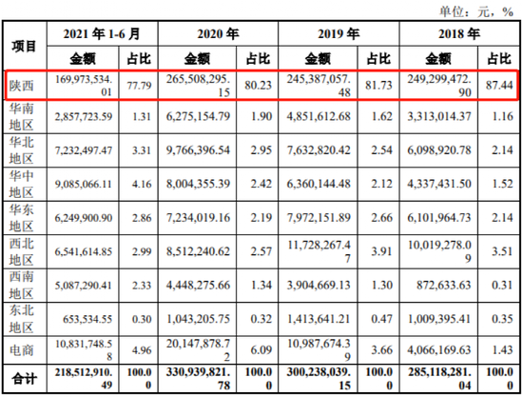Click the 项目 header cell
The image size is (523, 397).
(x=24, y=46)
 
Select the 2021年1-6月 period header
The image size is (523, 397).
(x=102, y=33)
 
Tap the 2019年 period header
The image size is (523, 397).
(x=339, y=33)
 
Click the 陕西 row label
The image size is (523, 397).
(x=21, y=86)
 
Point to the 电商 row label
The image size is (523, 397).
(x=21, y=350)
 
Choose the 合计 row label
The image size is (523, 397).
(x=24, y=379)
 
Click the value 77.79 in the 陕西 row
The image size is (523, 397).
(x=139, y=86)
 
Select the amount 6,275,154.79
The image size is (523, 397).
(x=198, y=116)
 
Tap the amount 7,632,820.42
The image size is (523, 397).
(x=319, y=150)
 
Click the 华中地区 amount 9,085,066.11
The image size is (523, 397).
(x=84, y=184)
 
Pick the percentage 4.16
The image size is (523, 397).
(x=142, y=184)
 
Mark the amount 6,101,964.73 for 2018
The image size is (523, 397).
(x=439, y=218)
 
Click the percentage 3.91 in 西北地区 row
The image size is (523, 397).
(x=382, y=251)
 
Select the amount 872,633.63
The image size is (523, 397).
(x=444, y=286)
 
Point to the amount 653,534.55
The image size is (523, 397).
(x=87, y=319)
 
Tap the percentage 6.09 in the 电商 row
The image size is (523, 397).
(x=261, y=350)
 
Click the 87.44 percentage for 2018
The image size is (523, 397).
(x=499, y=85)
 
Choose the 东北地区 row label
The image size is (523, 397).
(x=21, y=319)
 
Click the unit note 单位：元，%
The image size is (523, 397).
(x=476, y=11)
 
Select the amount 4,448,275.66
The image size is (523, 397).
(x=198, y=286)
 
